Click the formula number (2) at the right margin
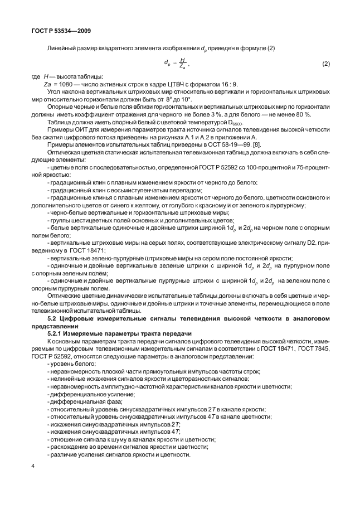point(326,65)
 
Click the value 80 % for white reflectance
point(305,114)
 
